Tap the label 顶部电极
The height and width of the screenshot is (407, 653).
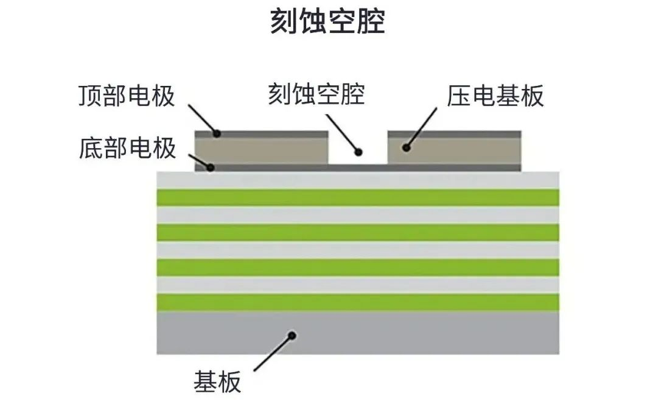click(127, 96)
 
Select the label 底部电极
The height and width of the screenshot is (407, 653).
click(127, 148)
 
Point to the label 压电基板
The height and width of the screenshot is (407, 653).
click(495, 96)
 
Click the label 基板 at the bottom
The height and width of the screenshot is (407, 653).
click(217, 382)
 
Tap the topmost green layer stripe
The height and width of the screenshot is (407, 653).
click(358, 197)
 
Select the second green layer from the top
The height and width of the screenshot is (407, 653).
click(358, 232)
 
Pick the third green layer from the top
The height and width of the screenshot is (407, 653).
click(358, 267)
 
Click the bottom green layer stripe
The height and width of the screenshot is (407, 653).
click(358, 302)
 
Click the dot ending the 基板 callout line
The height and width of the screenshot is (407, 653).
click(292, 335)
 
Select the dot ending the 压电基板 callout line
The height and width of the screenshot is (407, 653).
click(405, 147)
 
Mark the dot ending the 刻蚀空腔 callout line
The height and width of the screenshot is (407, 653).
click(358, 152)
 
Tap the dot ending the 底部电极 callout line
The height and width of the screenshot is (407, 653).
click(210, 166)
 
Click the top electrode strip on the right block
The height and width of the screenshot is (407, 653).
click(454, 134)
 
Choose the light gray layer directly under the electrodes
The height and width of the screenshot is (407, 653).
click(358, 180)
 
